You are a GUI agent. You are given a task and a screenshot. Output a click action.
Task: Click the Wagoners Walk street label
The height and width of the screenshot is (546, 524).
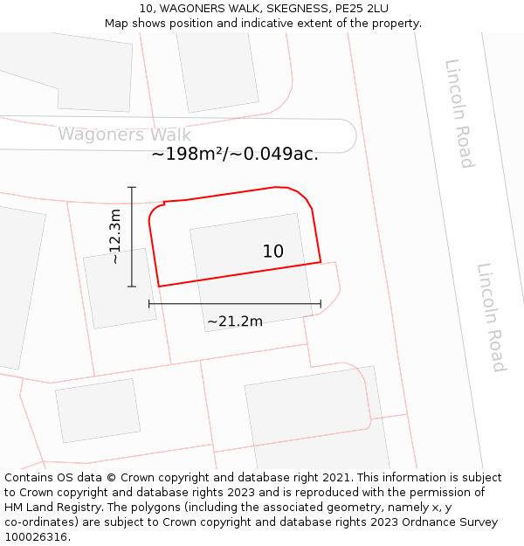124,135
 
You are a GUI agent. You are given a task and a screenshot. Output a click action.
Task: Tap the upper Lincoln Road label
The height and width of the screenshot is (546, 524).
459,113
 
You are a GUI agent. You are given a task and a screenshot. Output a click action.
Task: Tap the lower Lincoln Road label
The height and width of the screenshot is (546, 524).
491,317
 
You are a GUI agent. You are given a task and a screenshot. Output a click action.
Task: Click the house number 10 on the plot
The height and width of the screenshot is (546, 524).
272,252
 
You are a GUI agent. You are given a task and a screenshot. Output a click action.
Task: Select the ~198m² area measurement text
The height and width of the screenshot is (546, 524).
234,155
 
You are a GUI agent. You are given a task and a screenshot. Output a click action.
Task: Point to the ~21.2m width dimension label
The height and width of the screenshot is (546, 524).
235,321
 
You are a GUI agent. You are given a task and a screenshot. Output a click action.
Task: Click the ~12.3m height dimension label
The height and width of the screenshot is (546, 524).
114,236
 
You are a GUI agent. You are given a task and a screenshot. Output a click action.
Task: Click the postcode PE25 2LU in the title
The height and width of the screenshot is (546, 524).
358,9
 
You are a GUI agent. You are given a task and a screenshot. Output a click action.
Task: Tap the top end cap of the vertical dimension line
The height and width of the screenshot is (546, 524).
132,187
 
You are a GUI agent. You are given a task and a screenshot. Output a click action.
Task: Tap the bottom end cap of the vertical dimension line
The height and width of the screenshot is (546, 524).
132,286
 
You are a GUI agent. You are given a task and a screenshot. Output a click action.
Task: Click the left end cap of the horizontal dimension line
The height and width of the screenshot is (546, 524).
149,304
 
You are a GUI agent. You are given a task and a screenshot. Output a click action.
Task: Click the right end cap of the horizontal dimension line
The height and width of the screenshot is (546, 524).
321,304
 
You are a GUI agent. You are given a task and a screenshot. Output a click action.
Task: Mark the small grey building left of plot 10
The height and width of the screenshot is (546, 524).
120,288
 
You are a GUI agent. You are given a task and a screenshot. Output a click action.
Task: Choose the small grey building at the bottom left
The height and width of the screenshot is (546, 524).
97,410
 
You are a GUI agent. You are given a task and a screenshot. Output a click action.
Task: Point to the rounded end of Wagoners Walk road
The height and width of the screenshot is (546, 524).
348,136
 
